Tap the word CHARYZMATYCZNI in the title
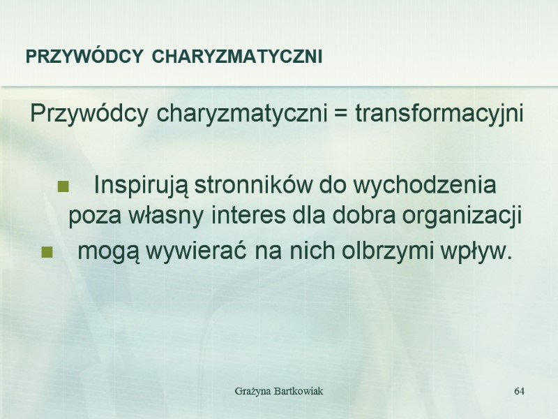[x=237, y=57]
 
